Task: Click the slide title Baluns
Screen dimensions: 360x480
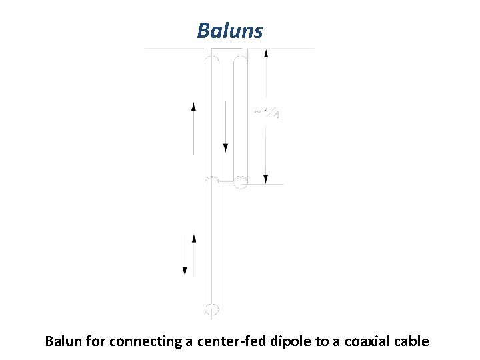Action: tap(230, 31)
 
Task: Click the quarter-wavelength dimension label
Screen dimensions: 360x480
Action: tap(267, 113)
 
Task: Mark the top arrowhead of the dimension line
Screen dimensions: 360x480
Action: tap(266, 54)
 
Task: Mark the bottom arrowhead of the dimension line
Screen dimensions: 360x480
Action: tap(266, 179)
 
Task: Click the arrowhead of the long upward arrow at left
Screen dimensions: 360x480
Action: tap(193, 106)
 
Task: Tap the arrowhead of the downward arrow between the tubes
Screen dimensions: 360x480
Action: tap(226, 147)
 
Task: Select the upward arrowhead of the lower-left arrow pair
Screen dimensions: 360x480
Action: tap(194, 238)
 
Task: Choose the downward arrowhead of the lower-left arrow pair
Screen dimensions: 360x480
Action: tap(185, 271)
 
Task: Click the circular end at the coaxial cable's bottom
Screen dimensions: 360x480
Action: tap(212, 309)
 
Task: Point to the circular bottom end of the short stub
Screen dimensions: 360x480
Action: tap(241, 180)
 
